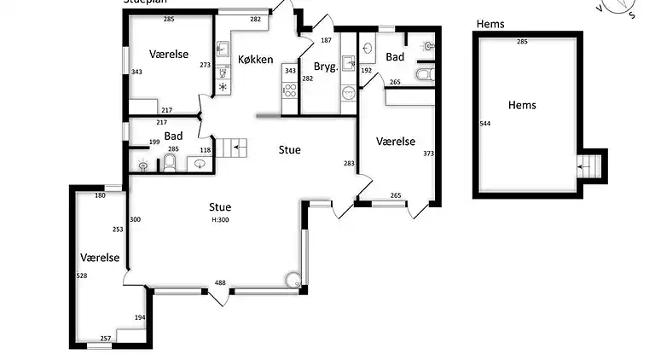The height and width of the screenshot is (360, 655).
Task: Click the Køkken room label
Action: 256,60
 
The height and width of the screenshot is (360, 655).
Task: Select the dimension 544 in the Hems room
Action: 485,124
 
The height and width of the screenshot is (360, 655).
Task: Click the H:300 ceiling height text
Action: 220,220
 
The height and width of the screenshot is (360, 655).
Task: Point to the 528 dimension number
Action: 82,276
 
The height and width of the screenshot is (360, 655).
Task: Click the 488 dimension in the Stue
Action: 220,283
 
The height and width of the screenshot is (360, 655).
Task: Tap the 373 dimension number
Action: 428,154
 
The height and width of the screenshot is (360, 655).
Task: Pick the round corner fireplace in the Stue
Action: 293,279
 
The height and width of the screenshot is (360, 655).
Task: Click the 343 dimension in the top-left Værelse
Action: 136,72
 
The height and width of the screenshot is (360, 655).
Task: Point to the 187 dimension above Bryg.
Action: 326,40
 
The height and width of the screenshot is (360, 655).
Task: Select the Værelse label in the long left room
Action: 100,257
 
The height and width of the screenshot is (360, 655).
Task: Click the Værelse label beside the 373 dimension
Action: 395,142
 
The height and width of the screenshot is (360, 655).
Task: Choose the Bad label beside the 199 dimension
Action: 173,136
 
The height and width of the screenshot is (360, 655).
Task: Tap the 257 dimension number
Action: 106,339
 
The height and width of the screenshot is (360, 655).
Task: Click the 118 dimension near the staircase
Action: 205,150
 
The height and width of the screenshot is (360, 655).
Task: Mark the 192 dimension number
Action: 368,71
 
